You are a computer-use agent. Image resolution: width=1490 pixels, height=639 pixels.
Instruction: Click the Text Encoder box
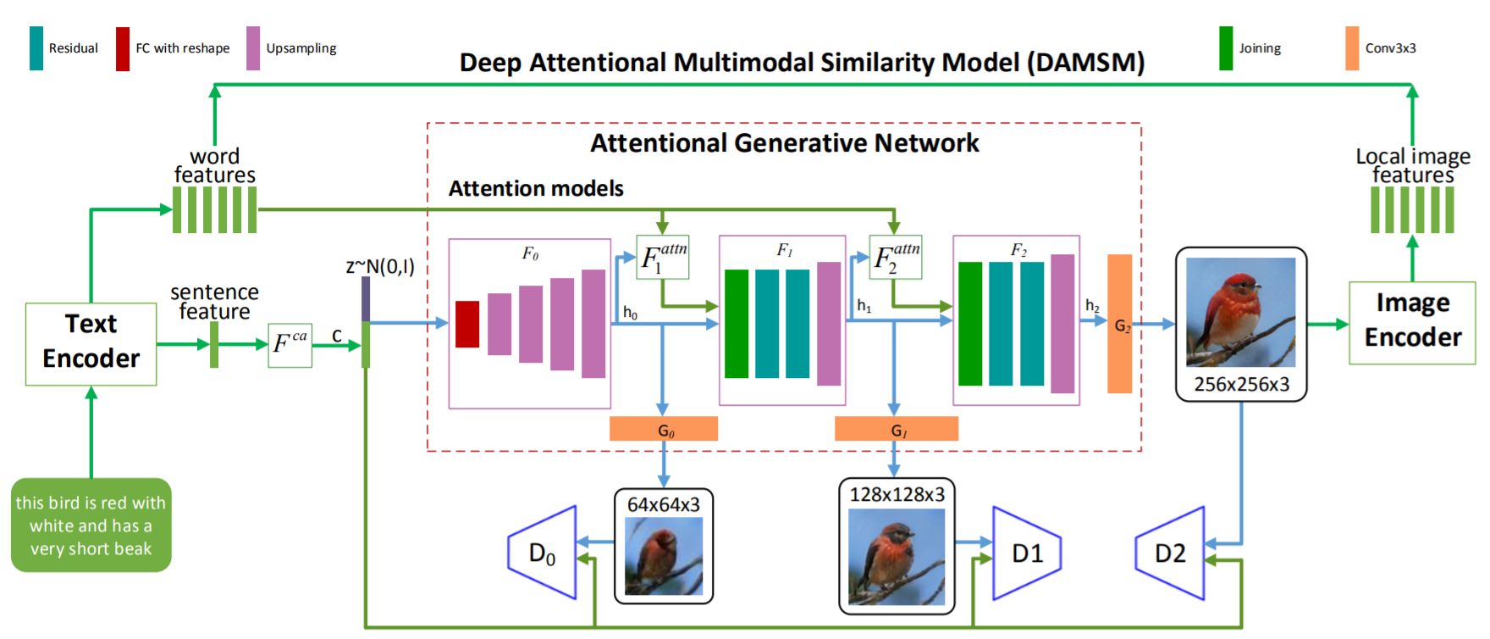[x=91, y=344]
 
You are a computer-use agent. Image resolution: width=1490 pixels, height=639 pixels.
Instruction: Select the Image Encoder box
[x=1412, y=323]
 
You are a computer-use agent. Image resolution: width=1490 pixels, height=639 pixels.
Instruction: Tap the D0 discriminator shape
[x=542, y=553]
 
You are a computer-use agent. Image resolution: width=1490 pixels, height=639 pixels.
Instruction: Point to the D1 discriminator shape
[x=1027, y=553]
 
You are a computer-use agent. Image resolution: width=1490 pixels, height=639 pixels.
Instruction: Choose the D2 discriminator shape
[x=1169, y=553]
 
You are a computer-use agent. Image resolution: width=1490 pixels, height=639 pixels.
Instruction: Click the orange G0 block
[x=664, y=429]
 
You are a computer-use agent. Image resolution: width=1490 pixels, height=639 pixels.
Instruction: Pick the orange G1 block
[x=897, y=429]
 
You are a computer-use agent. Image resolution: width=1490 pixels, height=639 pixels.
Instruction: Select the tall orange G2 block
[x=1120, y=324]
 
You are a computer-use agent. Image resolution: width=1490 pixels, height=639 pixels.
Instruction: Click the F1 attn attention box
[x=663, y=257]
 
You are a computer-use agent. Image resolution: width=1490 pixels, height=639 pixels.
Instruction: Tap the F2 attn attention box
[x=896, y=257]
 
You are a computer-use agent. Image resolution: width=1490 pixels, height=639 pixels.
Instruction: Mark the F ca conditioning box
[x=290, y=345]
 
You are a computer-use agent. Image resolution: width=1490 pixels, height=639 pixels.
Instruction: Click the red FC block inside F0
[x=467, y=324]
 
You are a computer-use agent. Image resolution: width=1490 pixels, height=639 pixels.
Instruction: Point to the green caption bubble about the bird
[x=91, y=525]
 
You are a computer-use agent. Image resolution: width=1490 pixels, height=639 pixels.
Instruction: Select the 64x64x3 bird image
[x=664, y=556]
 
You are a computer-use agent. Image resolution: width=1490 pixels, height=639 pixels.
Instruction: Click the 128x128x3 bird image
[x=897, y=557]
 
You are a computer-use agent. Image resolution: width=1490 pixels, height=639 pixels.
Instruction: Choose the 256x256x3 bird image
[x=1241, y=313]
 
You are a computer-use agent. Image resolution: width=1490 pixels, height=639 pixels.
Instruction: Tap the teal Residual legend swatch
[x=36, y=48]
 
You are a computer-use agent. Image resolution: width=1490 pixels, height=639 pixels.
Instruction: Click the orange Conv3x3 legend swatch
[x=1352, y=48]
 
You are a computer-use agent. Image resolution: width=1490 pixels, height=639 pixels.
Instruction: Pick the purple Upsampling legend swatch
[x=253, y=48]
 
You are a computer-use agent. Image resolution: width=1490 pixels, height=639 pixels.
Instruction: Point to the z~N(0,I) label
[x=380, y=266]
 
